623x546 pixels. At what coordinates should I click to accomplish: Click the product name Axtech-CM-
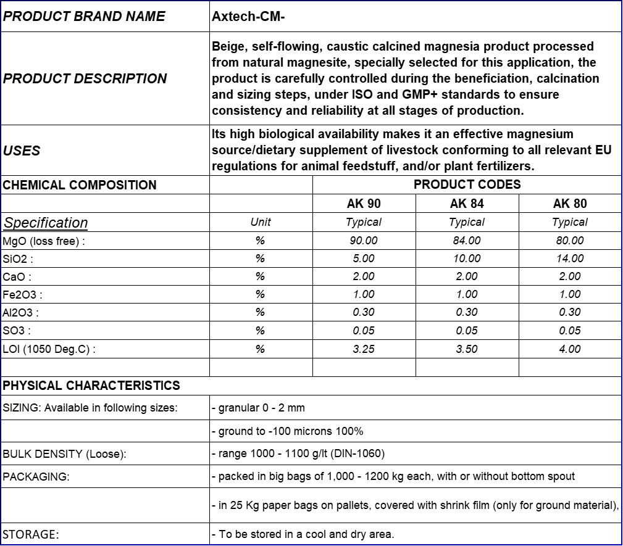click(x=248, y=17)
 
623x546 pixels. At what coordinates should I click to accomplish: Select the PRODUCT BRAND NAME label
click(x=84, y=17)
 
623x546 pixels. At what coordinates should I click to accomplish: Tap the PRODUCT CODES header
click(x=467, y=184)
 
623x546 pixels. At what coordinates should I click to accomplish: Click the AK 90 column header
click(x=364, y=204)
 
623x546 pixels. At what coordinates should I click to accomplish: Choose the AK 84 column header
click(x=467, y=204)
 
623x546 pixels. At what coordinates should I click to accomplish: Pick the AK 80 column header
click(x=570, y=204)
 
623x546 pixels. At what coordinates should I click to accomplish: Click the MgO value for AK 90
click(x=364, y=241)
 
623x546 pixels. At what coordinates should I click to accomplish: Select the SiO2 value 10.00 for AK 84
click(x=467, y=259)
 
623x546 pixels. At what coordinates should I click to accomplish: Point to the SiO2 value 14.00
click(x=570, y=259)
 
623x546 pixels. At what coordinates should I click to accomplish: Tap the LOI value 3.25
click(x=364, y=349)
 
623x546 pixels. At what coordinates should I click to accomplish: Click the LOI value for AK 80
click(x=570, y=349)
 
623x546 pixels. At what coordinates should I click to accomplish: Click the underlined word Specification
click(x=46, y=223)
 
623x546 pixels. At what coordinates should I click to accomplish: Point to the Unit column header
click(x=261, y=222)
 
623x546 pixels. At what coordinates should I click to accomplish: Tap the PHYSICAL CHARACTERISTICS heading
click(x=91, y=386)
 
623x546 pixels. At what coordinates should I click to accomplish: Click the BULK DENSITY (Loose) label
click(x=64, y=454)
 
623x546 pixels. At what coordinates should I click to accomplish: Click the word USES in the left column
click(x=22, y=151)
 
